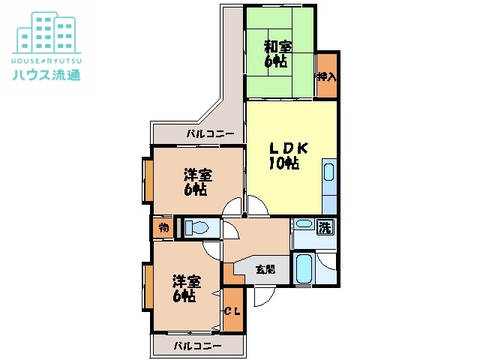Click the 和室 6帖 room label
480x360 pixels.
point(277,53)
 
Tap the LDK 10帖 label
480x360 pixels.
point(284,154)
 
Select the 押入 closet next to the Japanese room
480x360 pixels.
point(326,76)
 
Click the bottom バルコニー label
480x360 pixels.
point(197,346)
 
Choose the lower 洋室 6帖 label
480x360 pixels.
point(186,289)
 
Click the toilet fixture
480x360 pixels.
point(197,227)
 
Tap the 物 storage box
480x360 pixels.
point(163,227)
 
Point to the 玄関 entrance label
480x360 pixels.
point(264,268)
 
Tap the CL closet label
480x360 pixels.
point(232,310)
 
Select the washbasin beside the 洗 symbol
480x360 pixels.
point(304,225)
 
